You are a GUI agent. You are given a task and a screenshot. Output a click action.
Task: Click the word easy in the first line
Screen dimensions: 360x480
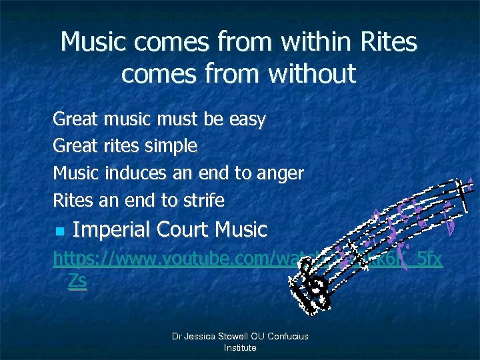point(247,121)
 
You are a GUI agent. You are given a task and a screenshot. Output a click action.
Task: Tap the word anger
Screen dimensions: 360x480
point(280,173)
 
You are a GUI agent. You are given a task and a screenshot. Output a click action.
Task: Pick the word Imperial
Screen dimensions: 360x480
point(111,230)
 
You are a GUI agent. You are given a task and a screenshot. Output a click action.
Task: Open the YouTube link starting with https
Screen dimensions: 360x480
point(167,257)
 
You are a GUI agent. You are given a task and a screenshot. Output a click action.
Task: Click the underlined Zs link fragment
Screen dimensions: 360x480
point(77,281)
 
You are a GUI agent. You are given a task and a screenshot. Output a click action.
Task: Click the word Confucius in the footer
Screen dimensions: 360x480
point(285,337)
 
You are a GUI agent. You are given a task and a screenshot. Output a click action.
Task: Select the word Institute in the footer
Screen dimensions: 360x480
point(240,348)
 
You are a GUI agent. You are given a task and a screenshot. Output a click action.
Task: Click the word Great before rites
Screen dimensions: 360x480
point(75,145)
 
